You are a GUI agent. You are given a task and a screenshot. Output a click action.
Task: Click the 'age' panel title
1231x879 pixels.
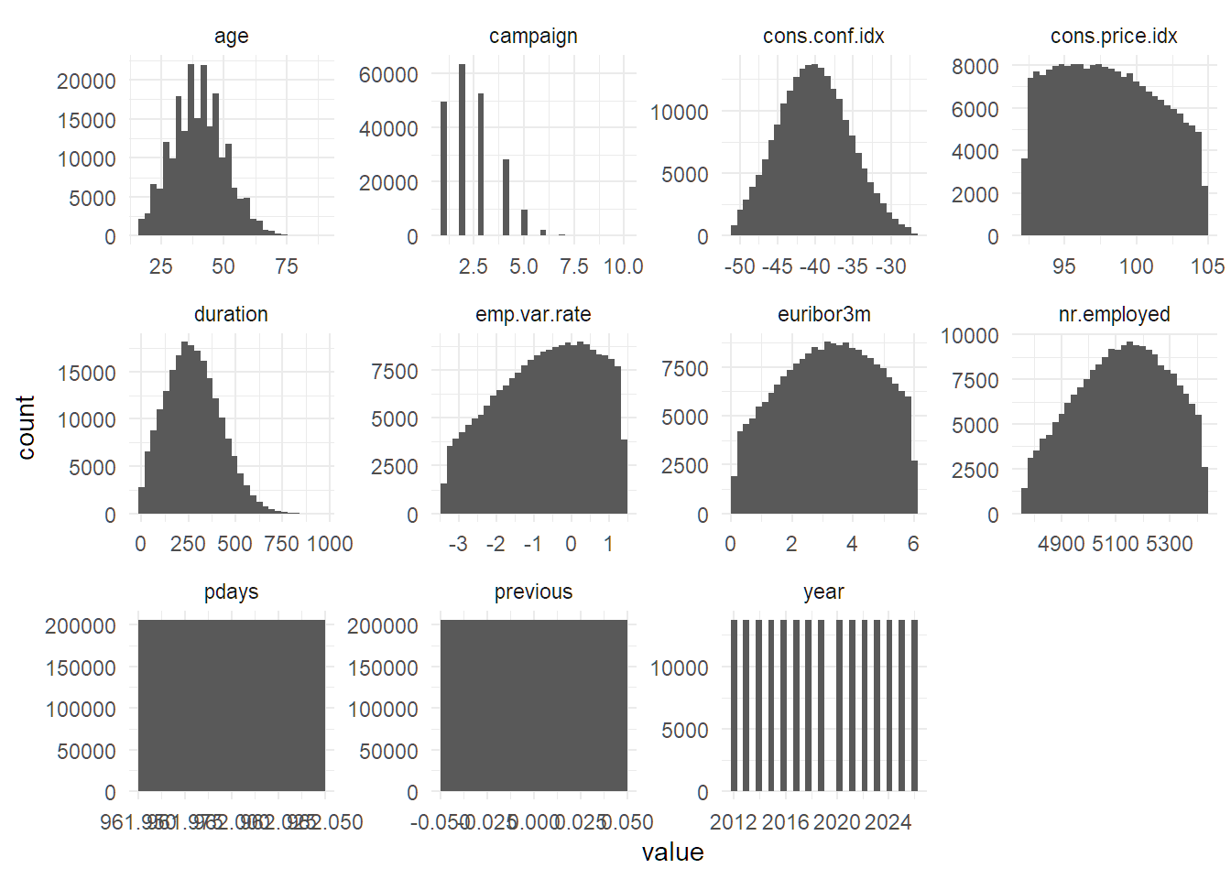[x=231, y=37]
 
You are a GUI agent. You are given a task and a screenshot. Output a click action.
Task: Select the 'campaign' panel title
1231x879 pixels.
[x=533, y=37]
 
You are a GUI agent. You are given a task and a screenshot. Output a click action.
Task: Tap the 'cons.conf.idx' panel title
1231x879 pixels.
[x=823, y=37]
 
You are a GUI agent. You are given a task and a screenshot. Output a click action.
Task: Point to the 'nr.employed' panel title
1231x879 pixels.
[x=1114, y=314]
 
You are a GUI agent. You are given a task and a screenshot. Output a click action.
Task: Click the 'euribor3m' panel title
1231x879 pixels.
[x=823, y=314]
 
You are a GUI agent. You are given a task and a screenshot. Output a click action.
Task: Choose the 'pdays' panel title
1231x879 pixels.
[x=231, y=591]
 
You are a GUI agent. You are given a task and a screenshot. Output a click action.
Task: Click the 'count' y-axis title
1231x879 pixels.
[x=26, y=427]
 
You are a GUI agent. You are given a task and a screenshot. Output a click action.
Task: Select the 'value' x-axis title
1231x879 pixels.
[x=672, y=852]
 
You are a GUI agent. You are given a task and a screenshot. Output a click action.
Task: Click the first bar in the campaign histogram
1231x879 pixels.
[x=444, y=168]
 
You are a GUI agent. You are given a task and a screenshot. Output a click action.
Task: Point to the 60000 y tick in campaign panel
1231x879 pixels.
[x=388, y=74]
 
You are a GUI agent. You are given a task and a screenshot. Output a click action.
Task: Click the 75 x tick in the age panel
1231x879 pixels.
[x=287, y=266]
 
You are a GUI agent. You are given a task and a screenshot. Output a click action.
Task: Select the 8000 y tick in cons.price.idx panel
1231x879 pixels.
[x=975, y=66]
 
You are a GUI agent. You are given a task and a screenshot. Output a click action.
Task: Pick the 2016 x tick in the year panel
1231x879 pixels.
[x=786, y=822]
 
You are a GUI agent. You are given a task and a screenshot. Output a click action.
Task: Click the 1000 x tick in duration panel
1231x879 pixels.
[x=330, y=544]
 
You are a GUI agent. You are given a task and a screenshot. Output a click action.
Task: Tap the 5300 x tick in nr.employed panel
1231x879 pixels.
[x=1169, y=544]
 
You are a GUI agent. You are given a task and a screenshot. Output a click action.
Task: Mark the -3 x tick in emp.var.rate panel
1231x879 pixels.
[x=458, y=544]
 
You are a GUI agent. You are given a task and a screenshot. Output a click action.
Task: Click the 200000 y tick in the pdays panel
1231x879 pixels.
[x=81, y=625]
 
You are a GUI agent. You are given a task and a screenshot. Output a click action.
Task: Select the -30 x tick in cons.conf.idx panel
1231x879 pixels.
[x=890, y=266]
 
